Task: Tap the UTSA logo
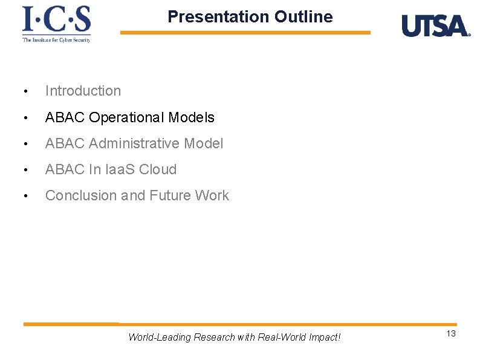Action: pyautogui.click(x=435, y=26)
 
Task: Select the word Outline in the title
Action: pyautogui.click(x=303, y=16)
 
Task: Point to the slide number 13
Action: pyautogui.click(x=451, y=334)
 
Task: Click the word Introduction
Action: pyautogui.click(x=83, y=91)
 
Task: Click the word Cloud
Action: pyautogui.click(x=158, y=169)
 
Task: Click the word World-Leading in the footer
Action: pyautogui.click(x=159, y=337)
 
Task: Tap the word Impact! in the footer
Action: pyautogui.click(x=324, y=337)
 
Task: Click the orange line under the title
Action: pyautogui.click(x=245, y=33)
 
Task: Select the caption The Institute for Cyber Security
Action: pyautogui.click(x=56, y=40)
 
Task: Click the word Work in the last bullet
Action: pyautogui.click(x=212, y=195)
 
